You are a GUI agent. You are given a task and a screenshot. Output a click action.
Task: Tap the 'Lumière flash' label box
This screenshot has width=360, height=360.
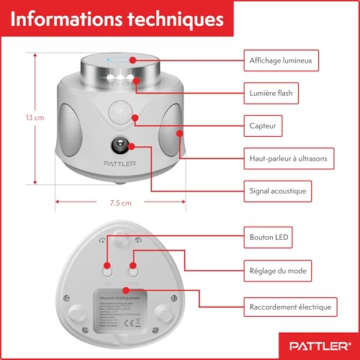click(x=272, y=92)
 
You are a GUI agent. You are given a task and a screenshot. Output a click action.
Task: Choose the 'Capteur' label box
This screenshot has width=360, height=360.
click(x=261, y=125)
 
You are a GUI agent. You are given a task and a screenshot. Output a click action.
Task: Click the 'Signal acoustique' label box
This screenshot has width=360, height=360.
click(x=279, y=191)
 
